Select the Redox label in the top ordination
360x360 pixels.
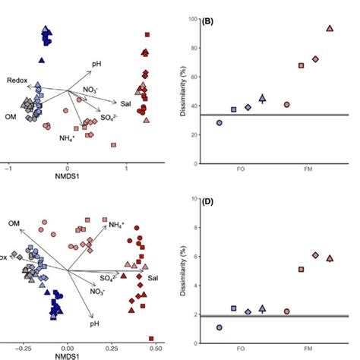click(17, 80)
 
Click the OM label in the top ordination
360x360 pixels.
click(11, 115)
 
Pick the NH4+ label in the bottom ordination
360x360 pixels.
click(117, 225)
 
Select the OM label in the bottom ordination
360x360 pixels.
click(14, 223)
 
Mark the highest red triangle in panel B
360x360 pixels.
click(330, 29)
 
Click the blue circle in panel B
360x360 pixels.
click(219, 122)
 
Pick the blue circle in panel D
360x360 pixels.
click(219, 327)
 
